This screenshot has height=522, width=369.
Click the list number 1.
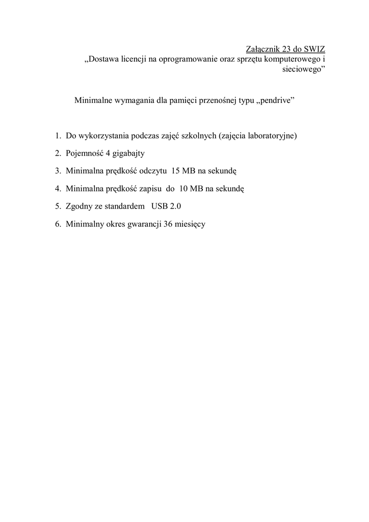58,136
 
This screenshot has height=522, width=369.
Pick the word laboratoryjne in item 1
271,136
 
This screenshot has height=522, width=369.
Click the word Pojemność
85,153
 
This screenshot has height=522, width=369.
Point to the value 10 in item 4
183,189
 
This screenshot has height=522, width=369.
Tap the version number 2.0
175,206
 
